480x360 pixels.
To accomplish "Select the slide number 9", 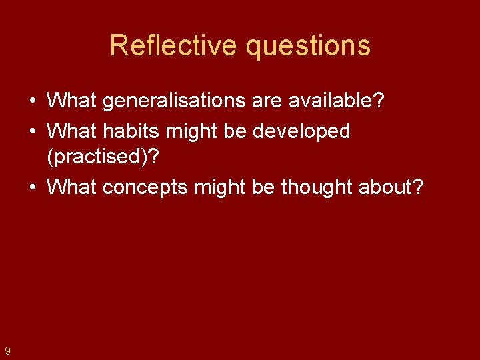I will click(x=7, y=350).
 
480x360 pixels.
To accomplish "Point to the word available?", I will click(x=337, y=101).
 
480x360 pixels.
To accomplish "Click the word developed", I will click(x=301, y=132).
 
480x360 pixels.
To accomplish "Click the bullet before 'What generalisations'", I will click(x=33, y=101).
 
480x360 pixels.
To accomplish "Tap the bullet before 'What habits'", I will click(x=33, y=131).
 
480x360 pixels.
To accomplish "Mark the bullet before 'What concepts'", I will click(x=33, y=187).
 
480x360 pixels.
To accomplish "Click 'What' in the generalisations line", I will click(x=72, y=101).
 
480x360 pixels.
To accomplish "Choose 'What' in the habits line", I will click(x=72, y=131).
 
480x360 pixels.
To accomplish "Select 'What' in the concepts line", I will click(x=72, y=187).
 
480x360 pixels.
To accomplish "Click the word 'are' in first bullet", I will click(x=269, y=102).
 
